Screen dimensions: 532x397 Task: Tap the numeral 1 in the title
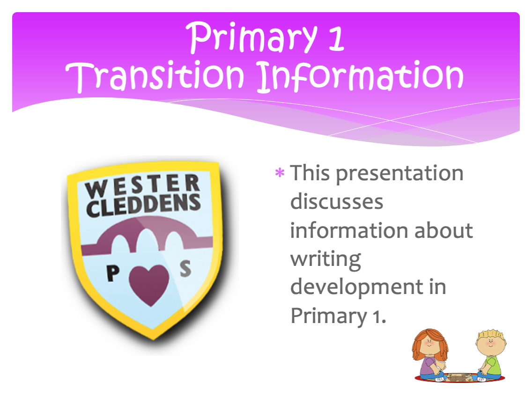pyautogui.click(x=336, y=38)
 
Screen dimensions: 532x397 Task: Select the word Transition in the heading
pyautogui.click(x=155, y=76)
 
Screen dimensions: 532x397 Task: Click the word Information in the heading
pyautogui.click(x=360, y=76)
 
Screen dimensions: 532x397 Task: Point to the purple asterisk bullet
pyautogui.click(x=280, y=173)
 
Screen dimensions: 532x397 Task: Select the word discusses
pyautogui.click(x=337, y=201)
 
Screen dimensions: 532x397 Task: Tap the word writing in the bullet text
pyautogui.click(x=326, y=260)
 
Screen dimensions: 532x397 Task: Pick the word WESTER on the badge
pyautogui.click(x=142, y=185)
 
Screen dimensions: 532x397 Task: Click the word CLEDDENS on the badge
pyautogui.click(x=143, y=205)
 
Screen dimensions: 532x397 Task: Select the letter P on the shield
pyautogui.click(x=112, y=273)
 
